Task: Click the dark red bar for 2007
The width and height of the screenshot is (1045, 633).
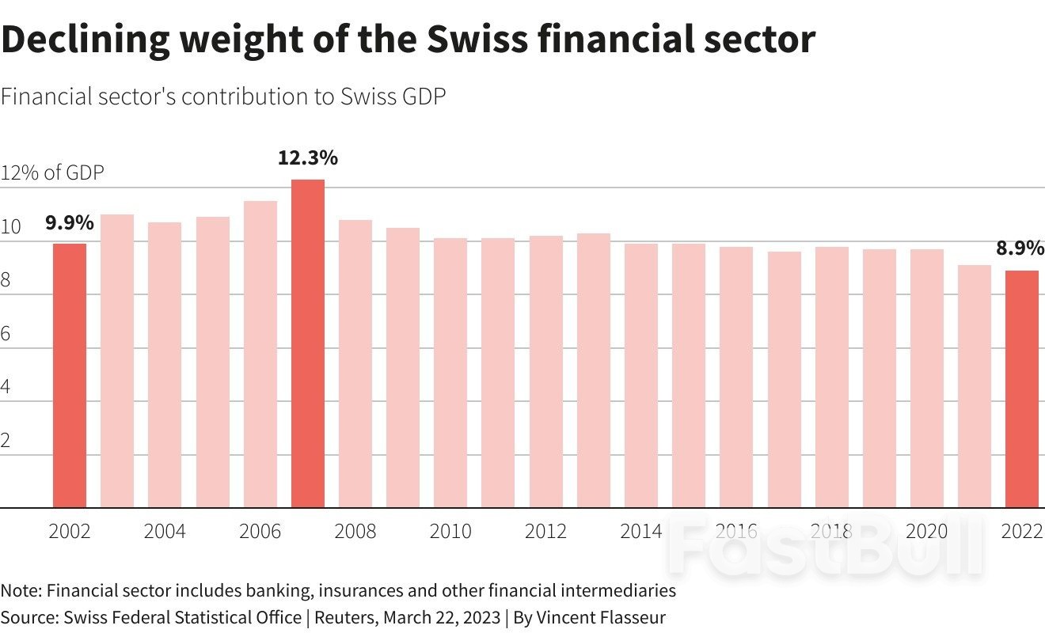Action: pos(307,344)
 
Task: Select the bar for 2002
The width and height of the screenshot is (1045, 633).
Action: pos(70,376)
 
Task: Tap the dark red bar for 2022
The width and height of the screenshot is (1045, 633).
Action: pos(1022,389)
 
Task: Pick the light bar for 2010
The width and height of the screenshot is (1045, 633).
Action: pos(450,373)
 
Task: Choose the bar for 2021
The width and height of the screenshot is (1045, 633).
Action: pos(975,386)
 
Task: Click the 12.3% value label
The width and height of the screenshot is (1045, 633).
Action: pos(307,158)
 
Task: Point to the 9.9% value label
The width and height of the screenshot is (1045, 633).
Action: pos(70,223)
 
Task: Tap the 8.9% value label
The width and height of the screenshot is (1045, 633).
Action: pos(1020,248)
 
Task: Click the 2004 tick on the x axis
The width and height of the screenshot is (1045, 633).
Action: pos(165,532)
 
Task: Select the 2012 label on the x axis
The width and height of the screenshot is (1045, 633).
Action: pos(545,532)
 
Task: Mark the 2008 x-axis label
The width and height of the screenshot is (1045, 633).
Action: pos(355,532)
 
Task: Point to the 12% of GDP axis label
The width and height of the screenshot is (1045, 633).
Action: pos(52,172)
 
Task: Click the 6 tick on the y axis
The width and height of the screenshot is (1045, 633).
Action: pos(6,334)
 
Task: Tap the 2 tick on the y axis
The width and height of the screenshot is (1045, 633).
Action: pos(6,441)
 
